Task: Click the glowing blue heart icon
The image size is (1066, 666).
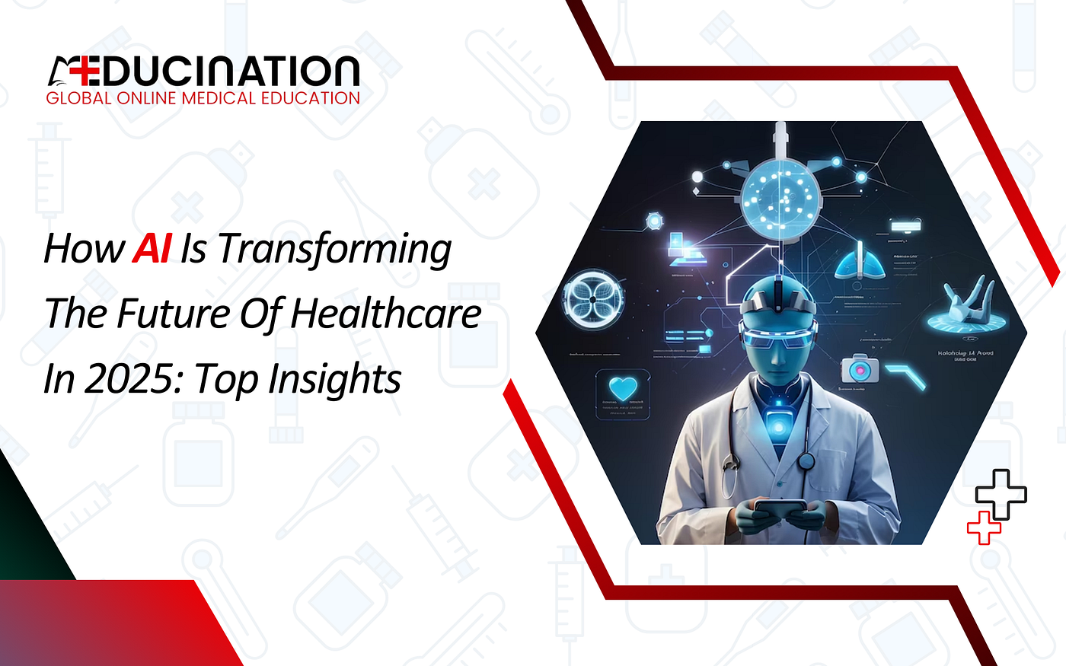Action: [x=623, y=389]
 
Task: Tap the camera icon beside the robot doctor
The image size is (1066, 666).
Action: [x=860, y=369]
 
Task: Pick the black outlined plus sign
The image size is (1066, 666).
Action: [x=1001, y=496]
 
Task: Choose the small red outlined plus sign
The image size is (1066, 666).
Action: [x=984, y=527]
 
